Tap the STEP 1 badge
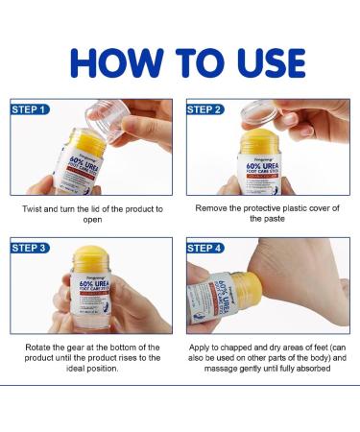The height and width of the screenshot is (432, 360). coord(30,108)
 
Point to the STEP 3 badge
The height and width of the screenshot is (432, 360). coord(30,248)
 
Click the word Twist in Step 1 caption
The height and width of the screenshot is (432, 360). coord(33,208)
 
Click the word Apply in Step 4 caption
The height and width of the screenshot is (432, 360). coord(204,347)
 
